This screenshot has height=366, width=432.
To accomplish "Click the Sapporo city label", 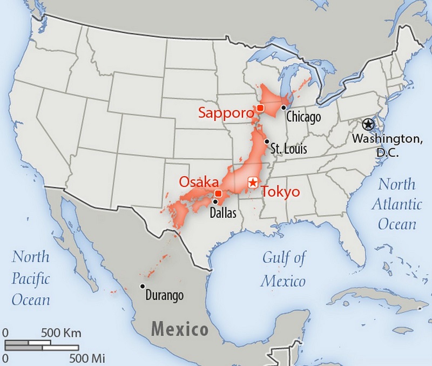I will coord(226,113).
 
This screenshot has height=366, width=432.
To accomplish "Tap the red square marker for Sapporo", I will coord(260,109).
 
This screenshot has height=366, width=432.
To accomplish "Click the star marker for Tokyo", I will coord(252,183).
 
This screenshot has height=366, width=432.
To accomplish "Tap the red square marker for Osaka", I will coord(218,194).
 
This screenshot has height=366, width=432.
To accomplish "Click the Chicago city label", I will coord(303,117).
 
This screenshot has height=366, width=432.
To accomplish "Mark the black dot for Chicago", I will coord(283,108).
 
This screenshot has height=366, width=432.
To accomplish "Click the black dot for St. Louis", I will coord(266,141).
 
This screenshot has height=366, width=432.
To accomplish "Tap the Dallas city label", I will coord(223,213).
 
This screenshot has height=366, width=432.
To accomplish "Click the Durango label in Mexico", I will coord(165,296).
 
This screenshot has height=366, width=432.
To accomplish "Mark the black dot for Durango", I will coord(142,286).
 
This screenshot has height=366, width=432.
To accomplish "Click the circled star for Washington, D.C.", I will coord(368,124).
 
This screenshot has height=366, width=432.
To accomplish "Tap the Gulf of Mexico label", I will coord(283,269).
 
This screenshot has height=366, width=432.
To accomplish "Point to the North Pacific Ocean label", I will coord(31,278).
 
